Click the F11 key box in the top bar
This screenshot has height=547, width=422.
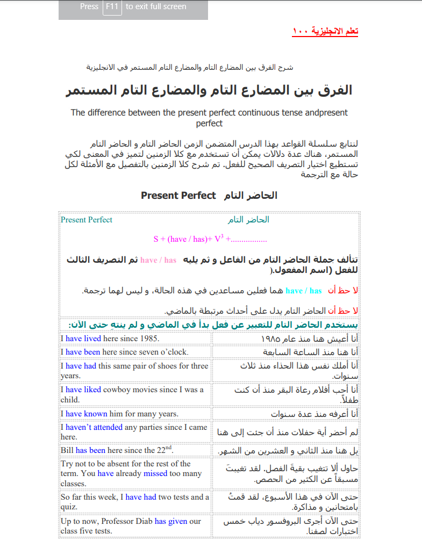point(112,7)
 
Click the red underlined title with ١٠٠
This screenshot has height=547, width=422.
point(325,31)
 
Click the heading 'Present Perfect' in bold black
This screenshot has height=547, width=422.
point(178,196)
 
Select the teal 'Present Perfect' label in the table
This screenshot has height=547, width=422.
point(87,220)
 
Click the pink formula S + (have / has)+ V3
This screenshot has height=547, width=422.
point(210,239)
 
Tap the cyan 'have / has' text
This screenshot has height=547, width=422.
point(304,291)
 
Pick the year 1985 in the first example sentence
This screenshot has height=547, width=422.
point(149,339)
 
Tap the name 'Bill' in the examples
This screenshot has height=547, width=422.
point(67,450)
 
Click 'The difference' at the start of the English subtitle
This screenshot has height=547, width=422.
point(98,113)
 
